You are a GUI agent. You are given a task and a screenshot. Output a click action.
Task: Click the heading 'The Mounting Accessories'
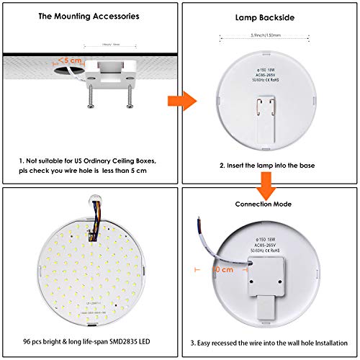(x=89, y=15)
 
